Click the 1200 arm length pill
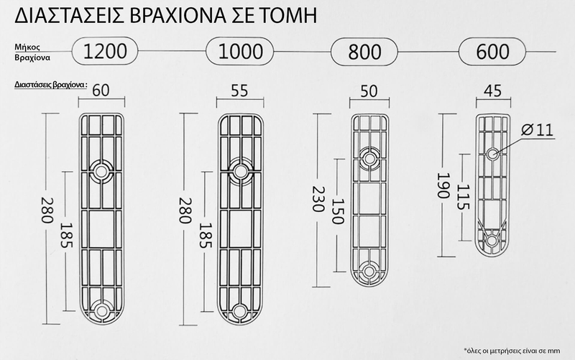106,50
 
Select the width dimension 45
493,91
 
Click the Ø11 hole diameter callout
533,130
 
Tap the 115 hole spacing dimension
462,195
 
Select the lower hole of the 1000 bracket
239,310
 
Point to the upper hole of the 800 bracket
371,157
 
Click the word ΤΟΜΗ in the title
288,15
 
